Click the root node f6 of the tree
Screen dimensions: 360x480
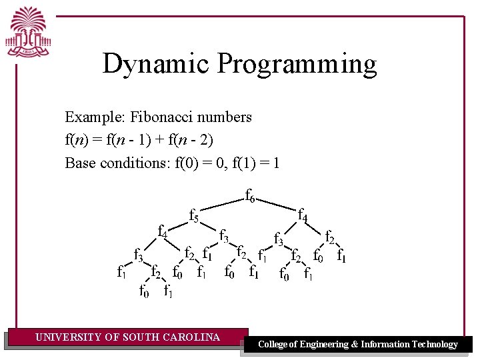tap(250, 196)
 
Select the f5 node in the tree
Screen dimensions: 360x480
tap(194, 216)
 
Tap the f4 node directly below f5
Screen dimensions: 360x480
tap(162, 231)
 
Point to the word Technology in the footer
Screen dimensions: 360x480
tap(434, 345)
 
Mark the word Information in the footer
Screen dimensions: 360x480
tap(384, 345)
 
